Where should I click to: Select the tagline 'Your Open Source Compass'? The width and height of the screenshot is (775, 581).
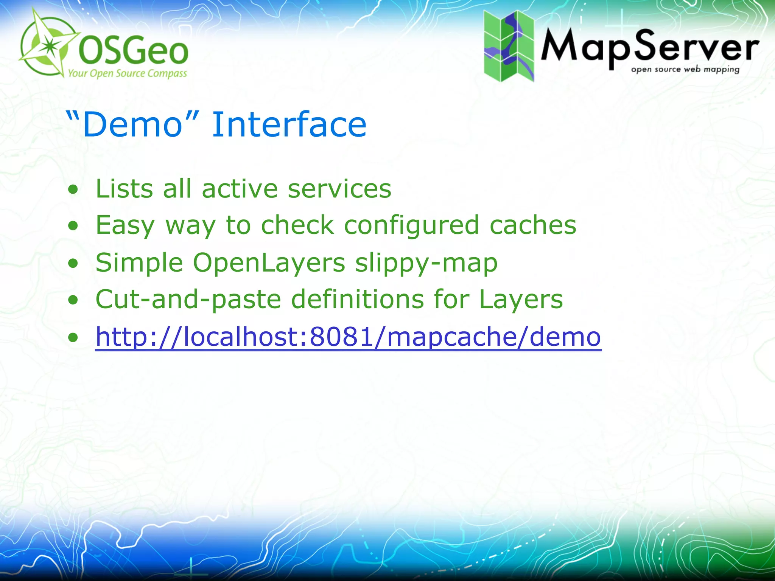point(128,73)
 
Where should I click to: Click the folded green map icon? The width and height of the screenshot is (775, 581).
point(509,46)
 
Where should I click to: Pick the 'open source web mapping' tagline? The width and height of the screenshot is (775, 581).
point(685,70)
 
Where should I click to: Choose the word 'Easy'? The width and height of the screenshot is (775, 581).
point(125,225)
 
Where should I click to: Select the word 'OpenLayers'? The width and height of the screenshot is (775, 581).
point(269,263)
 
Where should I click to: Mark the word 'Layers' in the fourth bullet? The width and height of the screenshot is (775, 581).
point(521,299)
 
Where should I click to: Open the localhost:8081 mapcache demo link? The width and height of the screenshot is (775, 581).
point(348,336)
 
